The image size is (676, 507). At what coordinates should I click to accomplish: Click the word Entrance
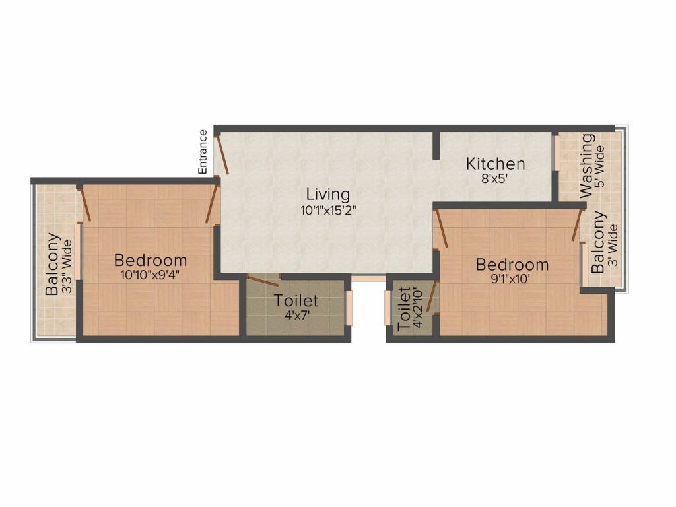pyautogui.click(x=203, y=152)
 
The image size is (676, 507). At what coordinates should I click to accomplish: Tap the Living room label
pyautogui.click(x=327, y=195)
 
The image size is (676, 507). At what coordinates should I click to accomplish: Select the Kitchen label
pyautogui.click(x=495, y=164)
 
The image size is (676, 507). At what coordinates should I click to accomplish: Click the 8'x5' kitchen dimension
pyautogui.click(x=495, y=178)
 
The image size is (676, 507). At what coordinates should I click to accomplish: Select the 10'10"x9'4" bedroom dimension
pyautogui.click(x=150, y=276)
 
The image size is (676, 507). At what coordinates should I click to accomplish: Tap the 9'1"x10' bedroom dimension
pyautogui.click(x=512, y=279)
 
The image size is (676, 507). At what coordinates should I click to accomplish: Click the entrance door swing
pyautogui.click(x=223, y=156)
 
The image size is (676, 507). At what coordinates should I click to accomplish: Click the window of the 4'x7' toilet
pyautogui.click(x=349, y=307)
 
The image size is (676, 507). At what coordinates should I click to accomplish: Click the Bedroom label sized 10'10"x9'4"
pyautogui.click(x=150, y=260)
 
